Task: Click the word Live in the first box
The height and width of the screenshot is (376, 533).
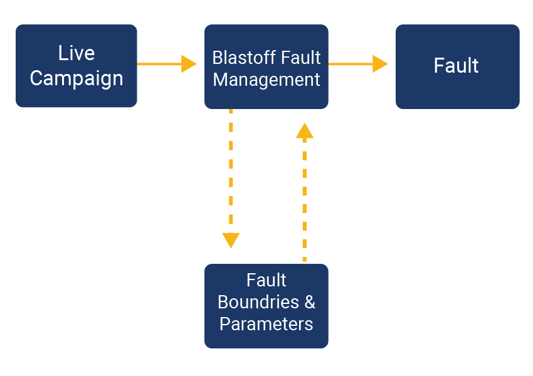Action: [77, 53]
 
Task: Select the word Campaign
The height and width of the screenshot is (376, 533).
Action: [77, 79]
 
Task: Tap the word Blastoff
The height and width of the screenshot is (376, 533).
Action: [240, 58]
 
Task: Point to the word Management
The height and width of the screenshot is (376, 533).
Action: [266, 80]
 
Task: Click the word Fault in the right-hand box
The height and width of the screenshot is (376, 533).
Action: [456, 65]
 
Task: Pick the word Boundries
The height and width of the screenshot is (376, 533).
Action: [258, 302]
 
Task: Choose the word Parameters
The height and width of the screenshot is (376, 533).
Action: [266, 324]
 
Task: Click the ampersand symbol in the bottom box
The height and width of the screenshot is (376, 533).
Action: [310, 302]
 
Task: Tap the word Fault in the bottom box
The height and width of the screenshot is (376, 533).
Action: [266, 280]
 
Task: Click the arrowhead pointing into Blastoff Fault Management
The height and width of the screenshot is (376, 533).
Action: [189, 64]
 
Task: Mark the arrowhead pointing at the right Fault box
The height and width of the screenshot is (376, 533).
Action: [381, 64]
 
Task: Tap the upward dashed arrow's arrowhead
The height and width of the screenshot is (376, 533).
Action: [305, 130]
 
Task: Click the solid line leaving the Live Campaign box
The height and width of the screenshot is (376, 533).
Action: [159, 64]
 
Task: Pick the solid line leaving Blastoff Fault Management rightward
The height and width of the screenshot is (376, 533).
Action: [351, 64]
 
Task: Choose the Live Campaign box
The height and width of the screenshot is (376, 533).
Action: [77, 66]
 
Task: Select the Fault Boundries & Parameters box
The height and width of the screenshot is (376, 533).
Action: [266, 306]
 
